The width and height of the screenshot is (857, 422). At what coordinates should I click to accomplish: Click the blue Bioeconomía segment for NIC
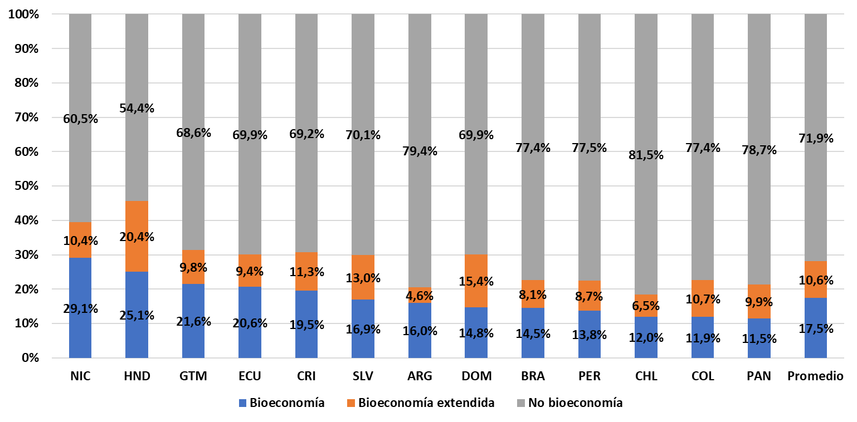(x=80, y=308)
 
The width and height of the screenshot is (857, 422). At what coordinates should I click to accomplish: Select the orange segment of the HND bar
(x=137, y=236)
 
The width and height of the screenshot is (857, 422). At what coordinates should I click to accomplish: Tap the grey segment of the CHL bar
(x=646, y=154)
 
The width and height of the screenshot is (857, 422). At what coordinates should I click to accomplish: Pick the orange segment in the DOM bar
(x=476, y=281)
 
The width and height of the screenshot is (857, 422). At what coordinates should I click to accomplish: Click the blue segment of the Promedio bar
(x=815, y=328)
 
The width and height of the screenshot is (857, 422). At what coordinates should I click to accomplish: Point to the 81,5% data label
(x=646, y=155)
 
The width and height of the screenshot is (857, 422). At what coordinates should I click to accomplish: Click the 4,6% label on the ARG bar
(x=420, y=296)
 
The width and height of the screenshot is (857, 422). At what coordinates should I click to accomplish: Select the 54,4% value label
(x=137, y=108)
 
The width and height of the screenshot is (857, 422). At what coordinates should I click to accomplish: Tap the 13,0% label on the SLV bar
(x=363, y=278)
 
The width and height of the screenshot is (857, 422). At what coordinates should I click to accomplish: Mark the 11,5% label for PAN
(x=759, y=338)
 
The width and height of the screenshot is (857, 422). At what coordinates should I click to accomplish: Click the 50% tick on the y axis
(x=26, y=186)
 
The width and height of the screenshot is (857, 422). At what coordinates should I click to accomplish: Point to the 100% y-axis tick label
(x=24, y=14)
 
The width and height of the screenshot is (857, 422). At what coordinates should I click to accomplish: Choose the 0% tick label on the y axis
(x=30, y=358)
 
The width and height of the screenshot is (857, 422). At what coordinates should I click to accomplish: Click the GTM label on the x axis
(x=193, y=376)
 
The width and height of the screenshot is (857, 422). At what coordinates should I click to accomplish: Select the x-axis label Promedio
(x=815, y=376)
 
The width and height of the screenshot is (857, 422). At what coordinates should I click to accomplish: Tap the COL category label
(x=703, y=376)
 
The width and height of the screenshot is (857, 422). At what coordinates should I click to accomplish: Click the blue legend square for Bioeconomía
(x=242, y=403)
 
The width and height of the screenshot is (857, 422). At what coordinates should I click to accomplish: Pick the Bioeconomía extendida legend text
(x=426, y=403)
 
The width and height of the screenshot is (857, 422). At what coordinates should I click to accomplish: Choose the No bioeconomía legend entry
(x=569, y=403)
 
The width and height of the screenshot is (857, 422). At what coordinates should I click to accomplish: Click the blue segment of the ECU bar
(x=250, y=322)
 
